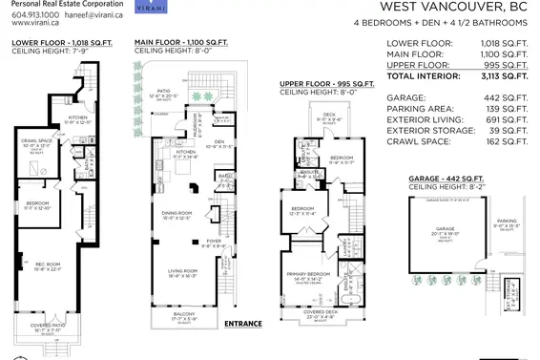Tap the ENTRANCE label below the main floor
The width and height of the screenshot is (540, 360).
coord(243,324)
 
